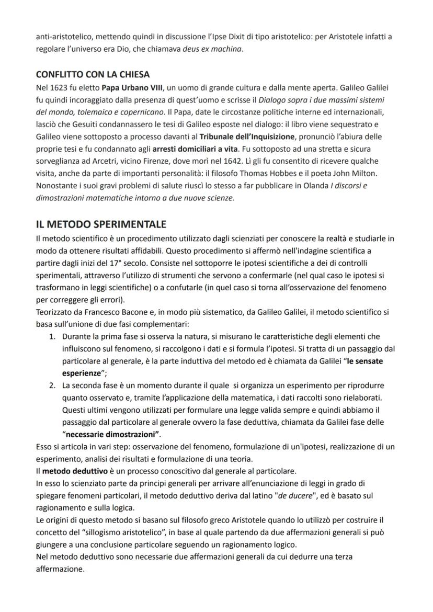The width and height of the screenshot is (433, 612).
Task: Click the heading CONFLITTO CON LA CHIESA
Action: pyautogui.click(x=93, y=74)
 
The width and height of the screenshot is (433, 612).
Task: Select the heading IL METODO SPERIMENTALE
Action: pyautogui.click(x=101, y=224)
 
